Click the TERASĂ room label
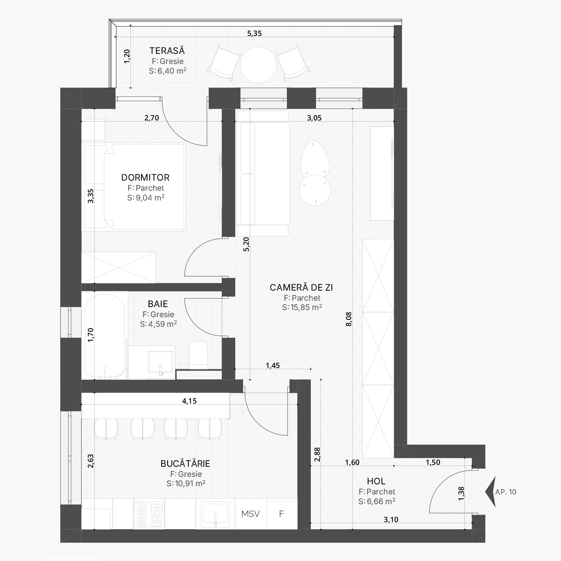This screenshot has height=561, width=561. point(167,50)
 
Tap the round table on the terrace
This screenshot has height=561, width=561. point(258,65)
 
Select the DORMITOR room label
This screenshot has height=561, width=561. point(145,177)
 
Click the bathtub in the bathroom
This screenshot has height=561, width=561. point(105,336)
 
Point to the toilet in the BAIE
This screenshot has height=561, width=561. point(199,354)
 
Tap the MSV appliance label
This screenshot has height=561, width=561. point(251,514)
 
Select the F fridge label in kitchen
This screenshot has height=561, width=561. point(282,514)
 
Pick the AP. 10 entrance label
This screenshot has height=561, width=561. point(506,492)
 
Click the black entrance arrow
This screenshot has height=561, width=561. point(490,492)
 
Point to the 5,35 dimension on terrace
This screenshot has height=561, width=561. point(254,33)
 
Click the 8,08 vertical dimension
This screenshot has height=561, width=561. point(349,319)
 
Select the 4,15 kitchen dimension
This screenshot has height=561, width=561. point(189,401)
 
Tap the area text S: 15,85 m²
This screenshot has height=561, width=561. point(302,307)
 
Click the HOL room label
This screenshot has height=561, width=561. point(376,481)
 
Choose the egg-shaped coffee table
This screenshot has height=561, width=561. point(315,158)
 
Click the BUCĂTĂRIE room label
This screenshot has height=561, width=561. point(185,463)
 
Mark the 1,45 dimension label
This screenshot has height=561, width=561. point(273,365)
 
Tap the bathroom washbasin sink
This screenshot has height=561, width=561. point(161,362)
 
